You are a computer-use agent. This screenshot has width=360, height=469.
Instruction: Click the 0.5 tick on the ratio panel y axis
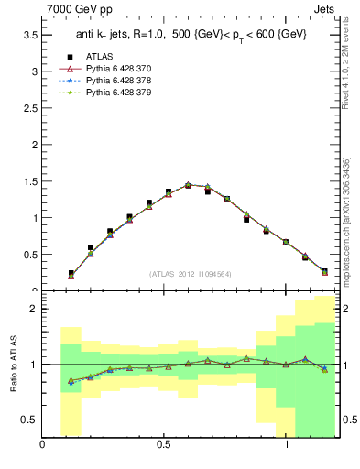pos(29,420)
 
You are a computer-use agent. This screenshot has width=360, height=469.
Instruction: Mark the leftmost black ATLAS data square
pos(71,273)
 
